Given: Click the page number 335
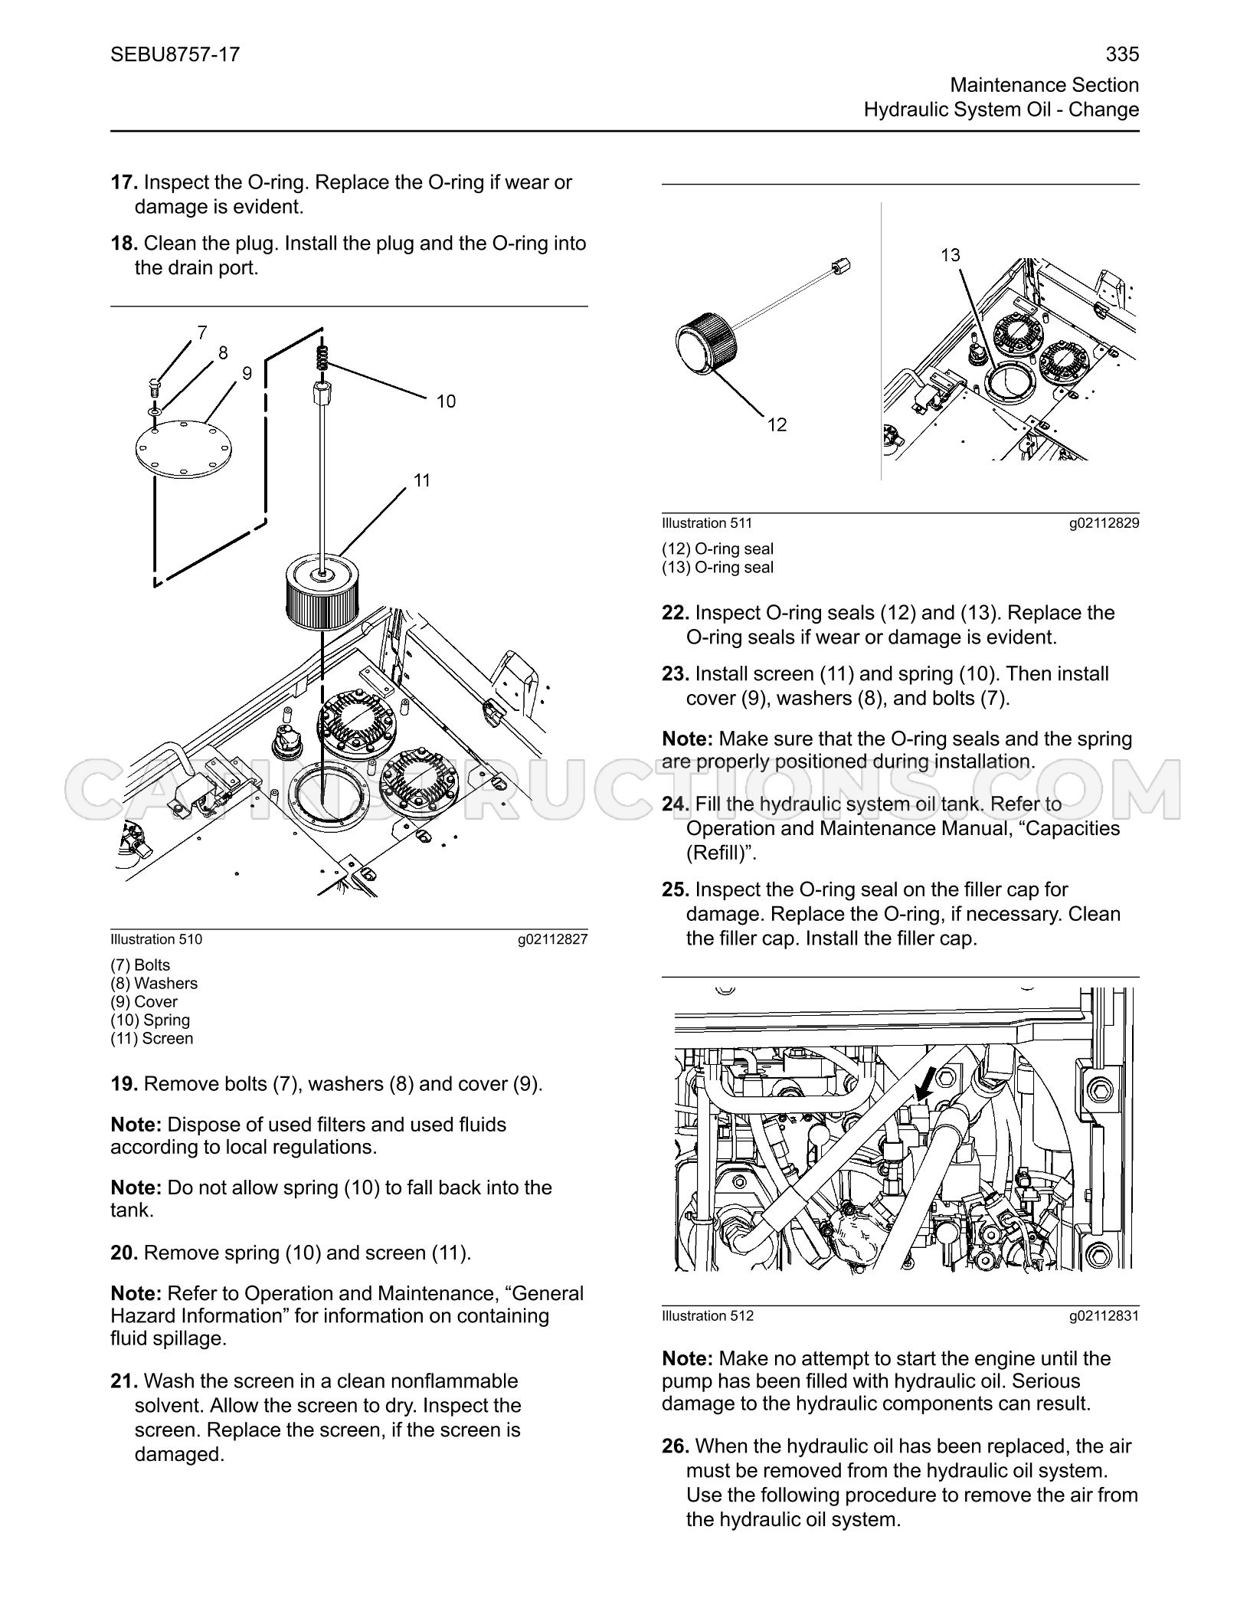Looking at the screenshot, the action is click(1122, 54).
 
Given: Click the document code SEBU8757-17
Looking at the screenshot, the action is click(175, 54).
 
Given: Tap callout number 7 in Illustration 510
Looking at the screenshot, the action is click(201, 332).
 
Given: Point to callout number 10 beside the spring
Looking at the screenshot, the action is click(446, 401).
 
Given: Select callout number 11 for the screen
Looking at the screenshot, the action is click(422, 480).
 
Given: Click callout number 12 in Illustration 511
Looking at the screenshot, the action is click(777, 424).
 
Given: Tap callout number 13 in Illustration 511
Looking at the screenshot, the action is click(950, 255).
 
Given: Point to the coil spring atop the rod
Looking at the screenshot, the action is click(322, 355).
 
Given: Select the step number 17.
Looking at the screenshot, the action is click(124, 182).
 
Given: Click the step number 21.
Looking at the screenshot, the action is click(124, 1381).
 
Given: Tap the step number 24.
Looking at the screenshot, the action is click(676, 804).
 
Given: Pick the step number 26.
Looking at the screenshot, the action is click(676, 1446).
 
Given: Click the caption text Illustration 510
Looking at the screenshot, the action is click(156, 939).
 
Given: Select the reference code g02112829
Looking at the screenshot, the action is click(1104, 523).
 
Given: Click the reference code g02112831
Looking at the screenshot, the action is click(1104, 1316).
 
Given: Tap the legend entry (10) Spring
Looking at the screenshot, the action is click(150, 1020).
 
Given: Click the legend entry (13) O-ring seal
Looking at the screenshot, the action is click(718, 568).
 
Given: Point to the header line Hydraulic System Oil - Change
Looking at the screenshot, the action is click(1001, 110).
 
